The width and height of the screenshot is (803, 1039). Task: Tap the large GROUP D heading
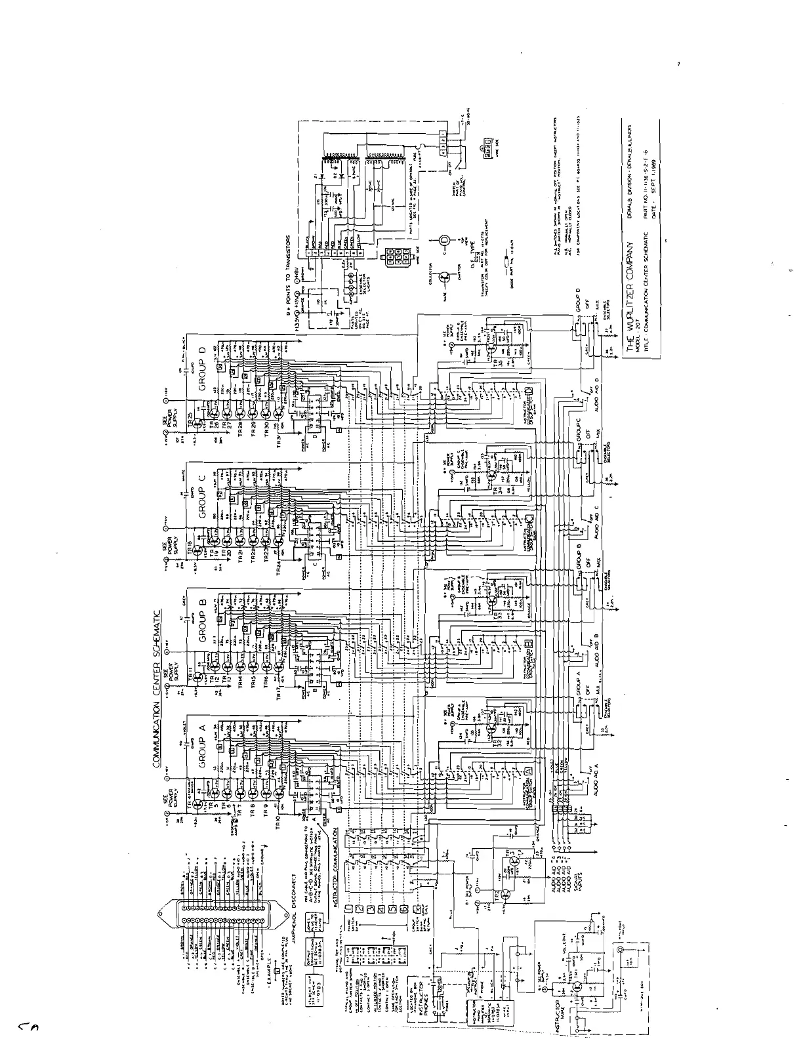(x=203, y=369)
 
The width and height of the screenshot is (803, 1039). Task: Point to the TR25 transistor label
(x=191, y=417)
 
